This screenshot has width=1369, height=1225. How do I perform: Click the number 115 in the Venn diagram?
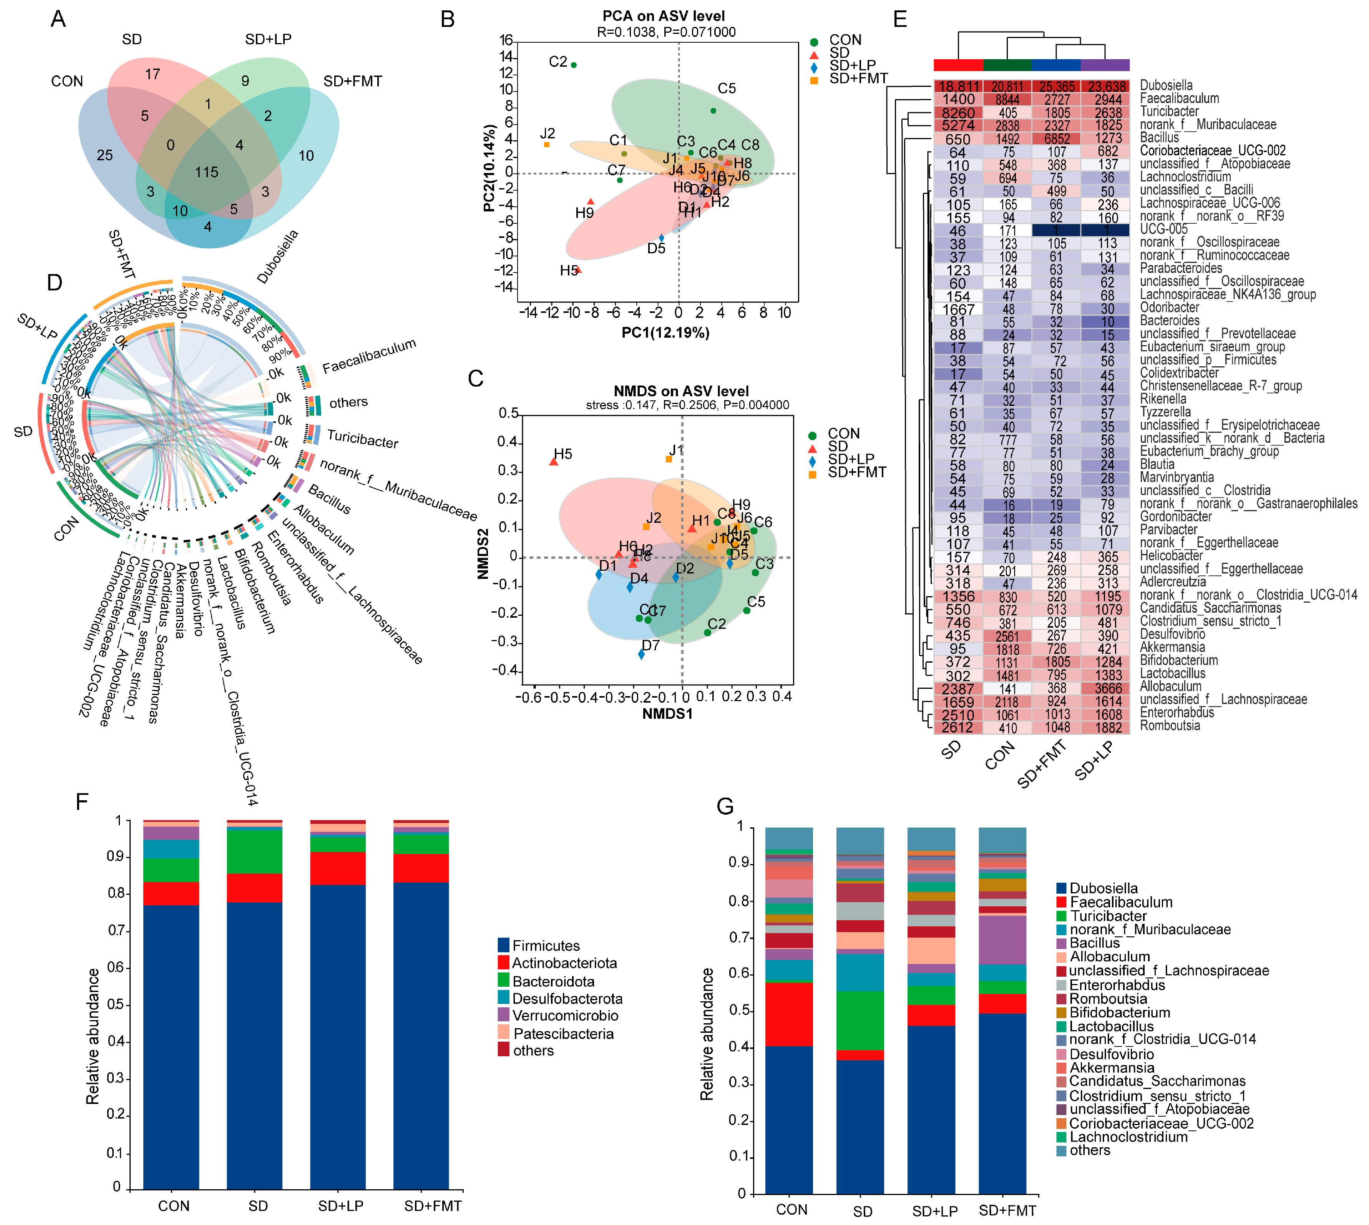tap(207, 172)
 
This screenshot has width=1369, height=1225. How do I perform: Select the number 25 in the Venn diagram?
tap(105, 156)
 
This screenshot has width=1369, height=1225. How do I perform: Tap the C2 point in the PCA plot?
tap(573, 65)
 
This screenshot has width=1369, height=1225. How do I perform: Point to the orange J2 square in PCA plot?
tap(547, 145)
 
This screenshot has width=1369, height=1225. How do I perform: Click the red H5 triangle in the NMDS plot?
tap(554, 462)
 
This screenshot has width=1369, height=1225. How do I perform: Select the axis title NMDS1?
tap(667, 713)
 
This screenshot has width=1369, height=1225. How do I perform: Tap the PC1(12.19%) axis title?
tap(665, 332)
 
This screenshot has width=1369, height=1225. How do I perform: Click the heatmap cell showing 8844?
tap(1007, 100)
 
